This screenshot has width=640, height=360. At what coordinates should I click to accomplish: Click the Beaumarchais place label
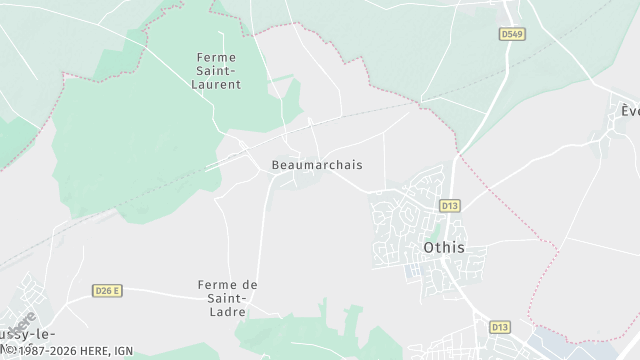pyautogui.click(x=316, y=165)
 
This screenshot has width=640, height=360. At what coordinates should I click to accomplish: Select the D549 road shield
pyautogui.click(x=512, y=34)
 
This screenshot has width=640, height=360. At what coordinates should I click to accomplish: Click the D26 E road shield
pyautogui.click(x=107, y=290)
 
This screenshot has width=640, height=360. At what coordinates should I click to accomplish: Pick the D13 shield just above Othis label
pyautogui.click(x=449, y=206)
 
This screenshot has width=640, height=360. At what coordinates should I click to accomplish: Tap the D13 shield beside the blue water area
pyautogui.click(x=499, y=327)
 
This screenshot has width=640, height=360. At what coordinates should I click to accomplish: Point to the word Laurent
pyautogui.click(x=216, y=85)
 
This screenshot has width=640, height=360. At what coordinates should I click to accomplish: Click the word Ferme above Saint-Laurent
pyautogui.click(x=216, y=57)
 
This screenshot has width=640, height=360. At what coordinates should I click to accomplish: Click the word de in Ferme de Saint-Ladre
pyautogui.click(x=250, y=285)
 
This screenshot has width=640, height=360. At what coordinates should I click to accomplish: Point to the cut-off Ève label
pyautogui.click(x=629, y=110)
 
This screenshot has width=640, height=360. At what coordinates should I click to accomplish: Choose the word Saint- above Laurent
pyautogui.click(x=216, y=71)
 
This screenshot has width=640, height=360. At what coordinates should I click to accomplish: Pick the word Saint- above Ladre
pyautogui.click(x=227, y=299)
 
